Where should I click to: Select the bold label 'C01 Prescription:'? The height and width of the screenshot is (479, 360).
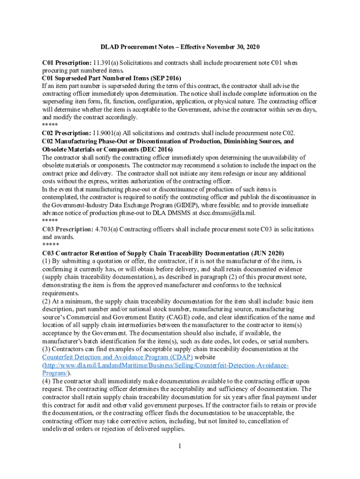click(x=66, y=63)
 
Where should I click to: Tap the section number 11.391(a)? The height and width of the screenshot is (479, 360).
click(x=107, y=63)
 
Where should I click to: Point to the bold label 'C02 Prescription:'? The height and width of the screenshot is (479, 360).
click(x=66, y=133)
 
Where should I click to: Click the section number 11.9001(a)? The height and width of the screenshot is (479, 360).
click(x=109, y=133)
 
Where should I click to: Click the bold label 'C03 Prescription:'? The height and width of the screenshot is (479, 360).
click(x=67, y=229)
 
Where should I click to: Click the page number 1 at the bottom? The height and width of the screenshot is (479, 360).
click(x=180, y=446)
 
